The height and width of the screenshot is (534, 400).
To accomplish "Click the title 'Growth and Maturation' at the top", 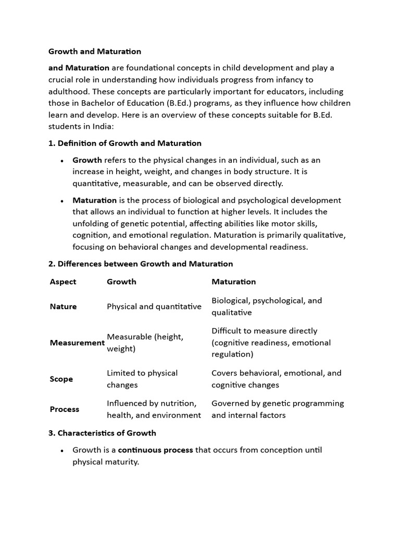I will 95,51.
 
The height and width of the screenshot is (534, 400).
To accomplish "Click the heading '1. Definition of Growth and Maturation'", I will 125,143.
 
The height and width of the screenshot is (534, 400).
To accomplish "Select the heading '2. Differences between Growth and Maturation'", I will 141,264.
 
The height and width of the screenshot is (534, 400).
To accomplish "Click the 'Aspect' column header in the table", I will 63,282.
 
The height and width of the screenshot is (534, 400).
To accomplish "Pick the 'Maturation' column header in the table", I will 233,282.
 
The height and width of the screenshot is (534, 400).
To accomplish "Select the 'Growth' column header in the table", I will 121,282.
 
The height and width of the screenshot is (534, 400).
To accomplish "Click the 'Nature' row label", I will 63,307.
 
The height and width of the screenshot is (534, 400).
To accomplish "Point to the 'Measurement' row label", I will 77,343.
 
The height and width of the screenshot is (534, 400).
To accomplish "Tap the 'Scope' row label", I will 61,379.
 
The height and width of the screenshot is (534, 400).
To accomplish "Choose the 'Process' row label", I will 65,409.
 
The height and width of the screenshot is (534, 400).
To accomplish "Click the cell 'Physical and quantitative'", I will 154,307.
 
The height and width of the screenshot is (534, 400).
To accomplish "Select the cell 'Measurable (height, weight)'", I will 145,343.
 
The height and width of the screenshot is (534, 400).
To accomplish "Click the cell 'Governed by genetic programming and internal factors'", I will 278,409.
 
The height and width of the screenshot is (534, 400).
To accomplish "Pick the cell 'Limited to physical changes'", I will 142,379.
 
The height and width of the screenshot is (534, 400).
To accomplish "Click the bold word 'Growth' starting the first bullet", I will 87,160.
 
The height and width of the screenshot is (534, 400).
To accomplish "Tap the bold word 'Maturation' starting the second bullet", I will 94,200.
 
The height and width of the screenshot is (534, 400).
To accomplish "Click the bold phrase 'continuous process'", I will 155,450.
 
